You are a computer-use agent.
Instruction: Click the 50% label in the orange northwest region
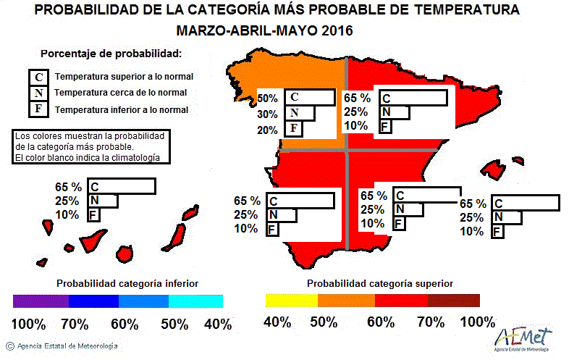pyautogui.click(x=268, y=99)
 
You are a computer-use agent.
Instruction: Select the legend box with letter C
pyautogui.click(x=38, y=76)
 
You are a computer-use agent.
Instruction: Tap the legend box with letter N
pyautogui.click(x=38, y=93)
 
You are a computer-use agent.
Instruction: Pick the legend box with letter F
pyautogui.click(x=38, y=110)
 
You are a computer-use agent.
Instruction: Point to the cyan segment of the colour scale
pyautogui.click(x=196, y=301)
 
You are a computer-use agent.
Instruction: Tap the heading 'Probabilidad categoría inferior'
pyautogui.click(x=127, y=282)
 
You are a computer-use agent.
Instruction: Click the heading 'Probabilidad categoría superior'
pyautogui.click(x=380, y=282)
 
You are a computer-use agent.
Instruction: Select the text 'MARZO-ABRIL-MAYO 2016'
pyautogui.click(x=264, y=31)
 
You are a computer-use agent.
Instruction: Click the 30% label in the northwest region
pyautogui.click(x=268, y=114)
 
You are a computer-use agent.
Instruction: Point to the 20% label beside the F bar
pyautogui.click(x=268, y=130)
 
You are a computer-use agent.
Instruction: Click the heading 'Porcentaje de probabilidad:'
pyautogui.click(x=111, y=54)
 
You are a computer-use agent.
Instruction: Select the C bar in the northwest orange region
pyautogui.click(x=311, y=97)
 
